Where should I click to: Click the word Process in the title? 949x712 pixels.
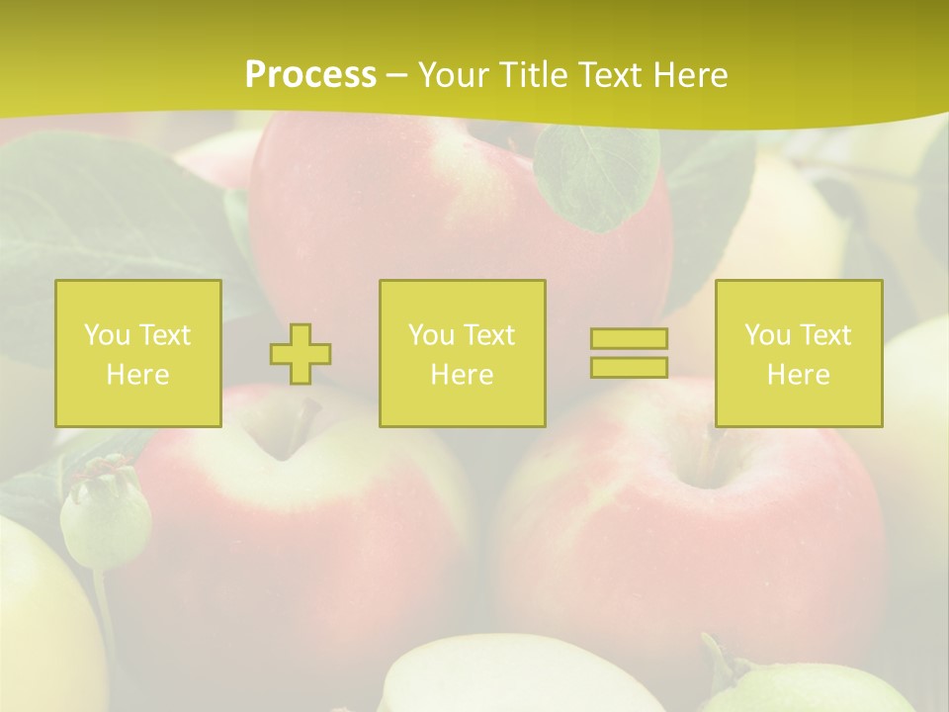[x=310, y=74]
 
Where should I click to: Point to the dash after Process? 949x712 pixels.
[x=396, y=75]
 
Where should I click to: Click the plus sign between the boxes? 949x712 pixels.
[x=301, y=354]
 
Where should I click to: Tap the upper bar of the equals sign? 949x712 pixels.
[x=629, y=338]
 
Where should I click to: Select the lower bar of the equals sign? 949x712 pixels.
[x=629, y=367]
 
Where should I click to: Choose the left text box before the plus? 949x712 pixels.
[x=138, y=353]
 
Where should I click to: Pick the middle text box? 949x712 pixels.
[x=462, y=353]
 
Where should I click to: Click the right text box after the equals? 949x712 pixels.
[x=798, y=353]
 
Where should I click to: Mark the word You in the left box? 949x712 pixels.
[x=107, y=334]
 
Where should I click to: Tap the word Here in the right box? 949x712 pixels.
[x=798, y=374]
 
